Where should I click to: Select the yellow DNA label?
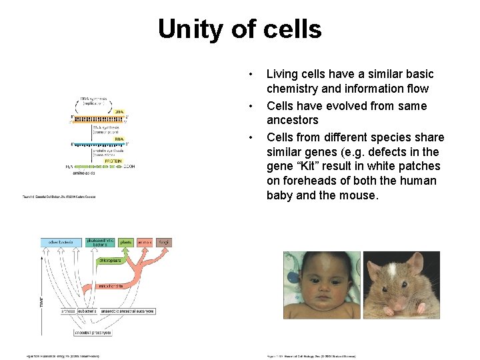pos(118,112)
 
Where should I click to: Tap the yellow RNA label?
pos(119,139)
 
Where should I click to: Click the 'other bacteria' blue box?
pos(61,243)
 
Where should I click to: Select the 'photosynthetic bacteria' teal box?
pos(99,242)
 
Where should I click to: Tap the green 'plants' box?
pos(125,243)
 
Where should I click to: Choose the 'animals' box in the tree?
pos(145,243)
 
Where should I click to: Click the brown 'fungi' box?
pos(164,243)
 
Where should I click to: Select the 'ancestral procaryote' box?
pos(93,332)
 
